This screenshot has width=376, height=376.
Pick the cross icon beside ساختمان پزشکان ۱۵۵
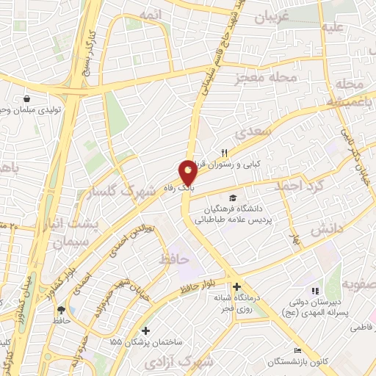147,331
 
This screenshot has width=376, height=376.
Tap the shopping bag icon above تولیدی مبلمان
28,98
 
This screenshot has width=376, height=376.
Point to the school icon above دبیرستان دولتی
315,292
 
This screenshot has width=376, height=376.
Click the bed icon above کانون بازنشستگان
297,351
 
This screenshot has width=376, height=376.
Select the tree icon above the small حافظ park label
61,310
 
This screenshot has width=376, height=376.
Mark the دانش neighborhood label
326,230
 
